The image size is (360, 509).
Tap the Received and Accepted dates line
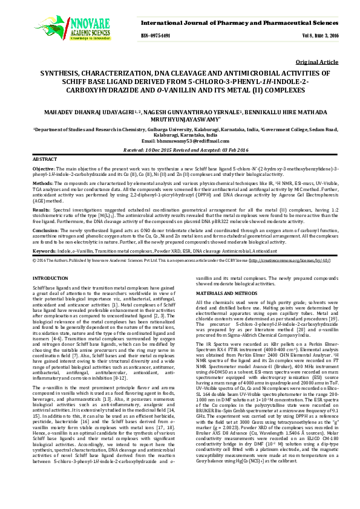point(180,149)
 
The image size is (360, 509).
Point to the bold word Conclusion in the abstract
point(45,230)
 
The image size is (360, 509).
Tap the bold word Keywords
point(44,250)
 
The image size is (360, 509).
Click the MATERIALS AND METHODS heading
point(225,293)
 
